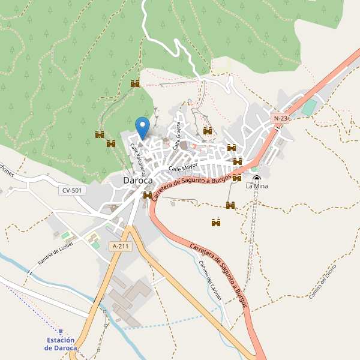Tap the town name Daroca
tap(137, 180)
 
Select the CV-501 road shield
tap(72, 190)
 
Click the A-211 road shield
tap(121, 246)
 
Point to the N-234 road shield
tap(281, 119)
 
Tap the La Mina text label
tap(257, 187)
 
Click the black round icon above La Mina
tap(257, 178)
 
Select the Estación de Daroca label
tap(61, 344)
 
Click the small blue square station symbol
tap(61, 331)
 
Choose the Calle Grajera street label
tap(177, 136)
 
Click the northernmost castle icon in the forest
tap(135, 83)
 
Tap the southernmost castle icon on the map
tap(216, 223)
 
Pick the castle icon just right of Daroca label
tap(148, 195)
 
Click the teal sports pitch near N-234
tap(308, 108)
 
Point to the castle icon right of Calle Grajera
tap(208, 131)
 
